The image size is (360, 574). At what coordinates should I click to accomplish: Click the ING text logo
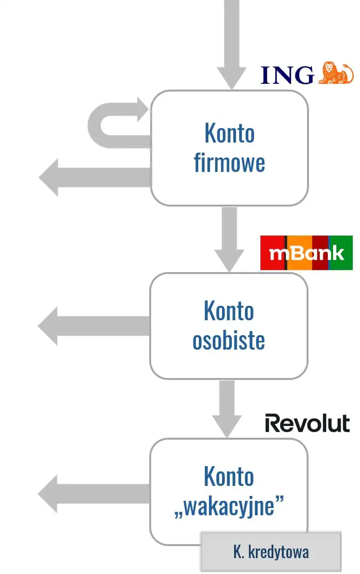[x=287, y=75]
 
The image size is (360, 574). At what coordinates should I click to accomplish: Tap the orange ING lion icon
[x=336, y=73]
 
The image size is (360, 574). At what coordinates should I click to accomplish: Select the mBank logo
[x=307, y=253]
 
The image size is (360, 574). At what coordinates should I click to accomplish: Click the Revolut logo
[x=308, y=423]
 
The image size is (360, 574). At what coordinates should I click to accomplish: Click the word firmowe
[x=230, y=163]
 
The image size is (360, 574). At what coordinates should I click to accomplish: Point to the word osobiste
[x=229, y=340]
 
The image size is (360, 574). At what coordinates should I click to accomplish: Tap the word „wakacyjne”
[x=229, y=507]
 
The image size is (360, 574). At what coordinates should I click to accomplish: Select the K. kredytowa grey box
[x=271, y=552]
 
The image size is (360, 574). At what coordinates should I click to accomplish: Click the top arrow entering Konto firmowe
[x=231, y=43]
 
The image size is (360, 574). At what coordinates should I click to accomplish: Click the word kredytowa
[x=281, y=552]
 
